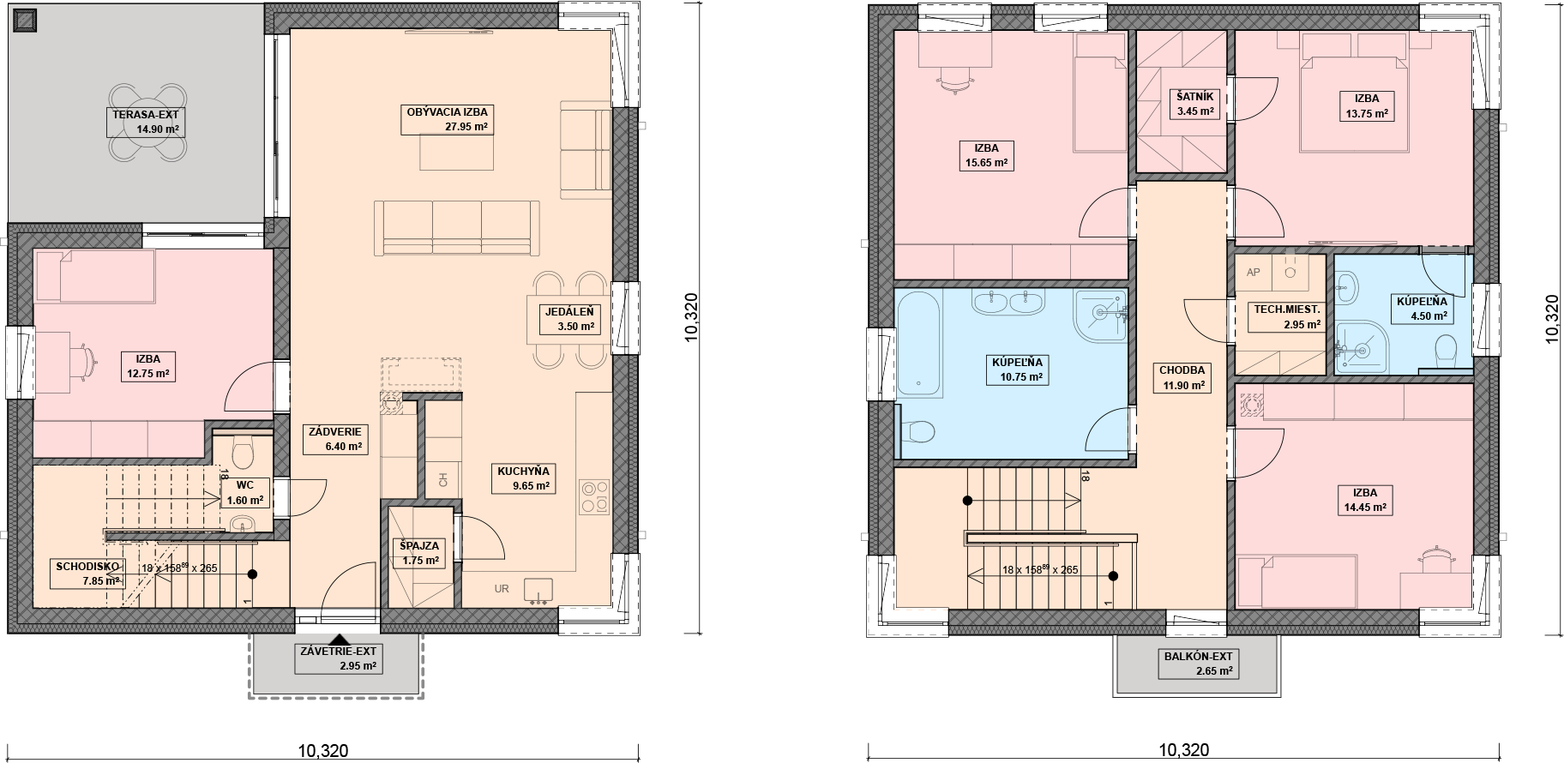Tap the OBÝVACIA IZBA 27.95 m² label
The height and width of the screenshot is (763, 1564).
pyautogui.click(x=448, y=119)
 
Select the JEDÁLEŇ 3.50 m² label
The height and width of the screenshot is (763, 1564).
pyautogui.click(x=562, y=318)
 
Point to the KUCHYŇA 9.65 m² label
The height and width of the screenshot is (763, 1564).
pyautogui.click(x=523, y=478)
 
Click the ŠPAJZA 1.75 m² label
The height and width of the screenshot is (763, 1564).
pyautogui.click(x=418, y=553)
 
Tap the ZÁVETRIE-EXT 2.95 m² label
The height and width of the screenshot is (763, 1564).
pyautogui.click(x=338, y=658)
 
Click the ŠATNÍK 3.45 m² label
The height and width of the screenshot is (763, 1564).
pyautogui.click(x=1194, y=104)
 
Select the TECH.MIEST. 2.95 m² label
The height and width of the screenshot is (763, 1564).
pyautogui.click(x=1287, y=317)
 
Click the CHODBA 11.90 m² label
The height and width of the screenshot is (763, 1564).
pyautogui.click(x=1182, y=378)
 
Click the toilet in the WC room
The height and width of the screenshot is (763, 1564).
pyautogui.click(x=243, y=448)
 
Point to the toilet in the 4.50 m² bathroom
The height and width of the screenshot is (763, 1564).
pyautogui.click(x=1445, y=348)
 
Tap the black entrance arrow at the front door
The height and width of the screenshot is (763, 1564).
pyautogui.click(x=340, y=638)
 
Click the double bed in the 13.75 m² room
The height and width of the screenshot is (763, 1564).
pyautogui.click(x=1352, y=93)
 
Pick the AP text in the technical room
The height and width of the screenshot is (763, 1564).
pyautogui.click(x=1253, y=273)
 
